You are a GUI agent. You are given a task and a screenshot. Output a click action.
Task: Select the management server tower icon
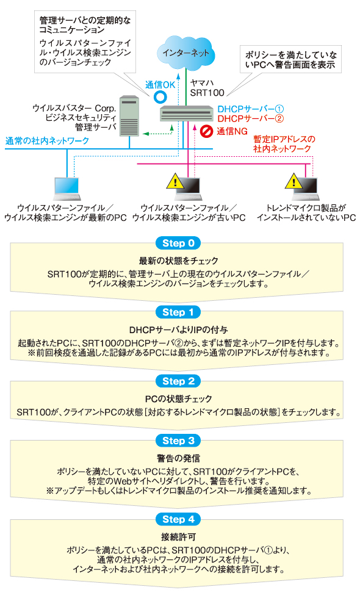click(129, 116)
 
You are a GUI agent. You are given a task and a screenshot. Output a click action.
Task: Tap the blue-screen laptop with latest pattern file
click(67, 189)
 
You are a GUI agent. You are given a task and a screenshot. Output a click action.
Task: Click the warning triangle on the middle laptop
click(175, 181)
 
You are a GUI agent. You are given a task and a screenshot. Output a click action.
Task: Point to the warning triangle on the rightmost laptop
click(293, 181)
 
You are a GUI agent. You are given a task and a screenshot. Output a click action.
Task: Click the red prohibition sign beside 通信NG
click(206, 131)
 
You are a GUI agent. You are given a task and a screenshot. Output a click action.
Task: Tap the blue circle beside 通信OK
click(160, 97)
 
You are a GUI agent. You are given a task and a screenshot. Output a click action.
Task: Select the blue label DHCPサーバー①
click(251, 109)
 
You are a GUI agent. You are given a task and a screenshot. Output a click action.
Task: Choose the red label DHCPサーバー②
click(251, 118)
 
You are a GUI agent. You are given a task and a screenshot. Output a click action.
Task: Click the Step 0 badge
click(178, 243)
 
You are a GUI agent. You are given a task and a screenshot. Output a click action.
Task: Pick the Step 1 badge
click(178, 312)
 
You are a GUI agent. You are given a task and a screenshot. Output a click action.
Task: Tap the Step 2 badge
click(178, 381)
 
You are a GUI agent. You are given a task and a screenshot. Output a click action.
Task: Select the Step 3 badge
click(178, 441)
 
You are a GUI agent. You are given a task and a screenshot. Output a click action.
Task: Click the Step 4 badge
click(178, 519)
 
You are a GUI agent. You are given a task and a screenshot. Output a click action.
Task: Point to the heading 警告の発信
click(178, 458)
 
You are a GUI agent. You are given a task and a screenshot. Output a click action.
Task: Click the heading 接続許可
click(178, 536)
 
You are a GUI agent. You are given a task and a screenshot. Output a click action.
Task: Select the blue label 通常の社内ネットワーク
click(48, 141)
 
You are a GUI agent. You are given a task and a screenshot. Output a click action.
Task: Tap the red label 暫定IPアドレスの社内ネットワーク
click(284, 144)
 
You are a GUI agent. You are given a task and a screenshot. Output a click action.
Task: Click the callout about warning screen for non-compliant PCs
click(290, 60)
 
